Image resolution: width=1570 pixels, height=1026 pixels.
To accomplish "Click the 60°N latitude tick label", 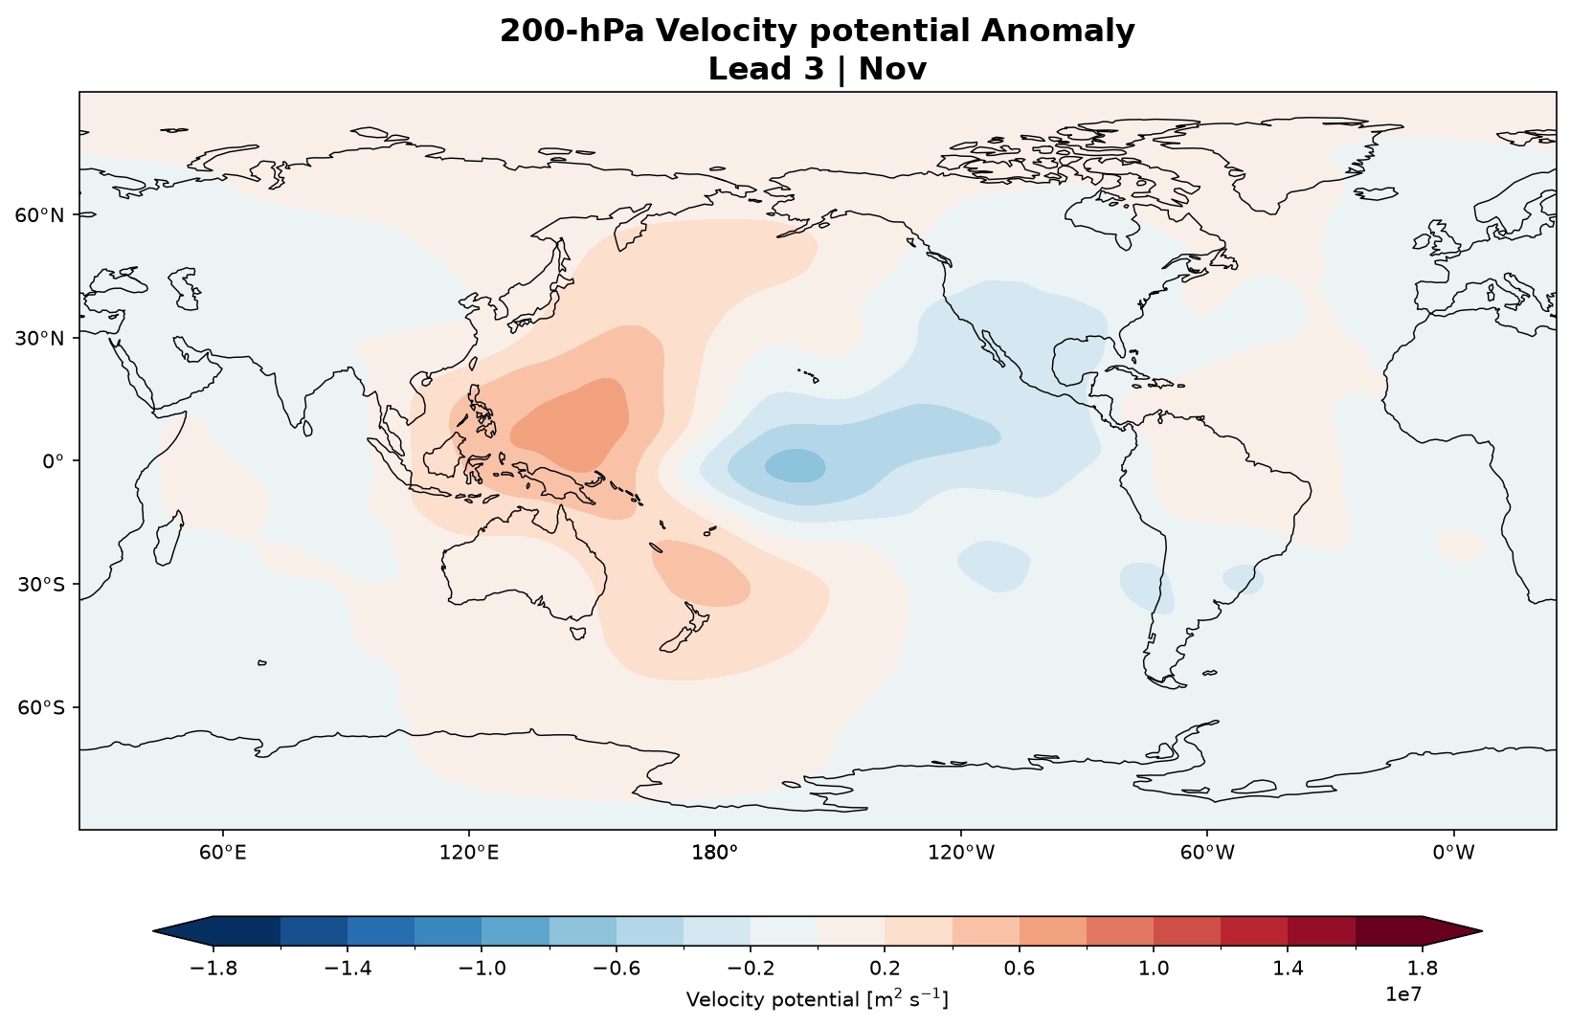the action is pyautogui.click(x=39, y=214).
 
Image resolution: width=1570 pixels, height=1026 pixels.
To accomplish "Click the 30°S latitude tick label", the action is pyautogui.click(x=40, y=585).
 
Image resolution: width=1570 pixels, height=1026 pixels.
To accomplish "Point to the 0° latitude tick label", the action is pyautogui.click(x=53, y=461).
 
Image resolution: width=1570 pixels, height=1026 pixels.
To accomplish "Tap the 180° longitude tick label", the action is pyautogui.click(x=715, y=852).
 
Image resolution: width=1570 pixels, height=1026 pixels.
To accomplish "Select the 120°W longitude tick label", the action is pyautogui.click(x=961, y=852).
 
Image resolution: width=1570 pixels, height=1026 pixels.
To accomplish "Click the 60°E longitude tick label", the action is pyautogui.click(x=223, y=852).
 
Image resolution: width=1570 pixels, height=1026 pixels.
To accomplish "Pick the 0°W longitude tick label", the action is pyautogui.click(x=1453, y=852).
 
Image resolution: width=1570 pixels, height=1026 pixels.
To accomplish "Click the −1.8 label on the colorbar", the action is pyautogui.click(x=213, y=969).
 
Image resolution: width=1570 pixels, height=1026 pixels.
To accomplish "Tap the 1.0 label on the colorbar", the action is pyautogui.click(x=1154, y=969).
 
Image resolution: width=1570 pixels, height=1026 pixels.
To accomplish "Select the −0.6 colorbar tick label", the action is pyautogui.click(x=617, y=969).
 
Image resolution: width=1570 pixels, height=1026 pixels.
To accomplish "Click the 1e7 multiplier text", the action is pyautogui.click(x=1403, y=993).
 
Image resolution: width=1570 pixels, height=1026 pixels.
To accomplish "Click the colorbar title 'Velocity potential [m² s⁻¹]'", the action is pyautogui.click(x=818, y=998).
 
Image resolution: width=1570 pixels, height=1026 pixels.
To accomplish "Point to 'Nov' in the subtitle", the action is pyautogui.click(x=892, y=69).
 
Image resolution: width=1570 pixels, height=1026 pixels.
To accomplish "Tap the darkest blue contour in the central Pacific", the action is pyautogui.click(x=795, y=466).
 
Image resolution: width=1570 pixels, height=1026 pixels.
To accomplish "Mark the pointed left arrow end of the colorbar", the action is pyautogui.click(x=153, y=931).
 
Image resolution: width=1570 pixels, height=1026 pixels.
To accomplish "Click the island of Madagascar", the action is pyautogui.click(x=168, y=538).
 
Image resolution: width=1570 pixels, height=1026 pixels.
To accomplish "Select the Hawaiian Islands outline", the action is pyautogui.click(x=809, y=375).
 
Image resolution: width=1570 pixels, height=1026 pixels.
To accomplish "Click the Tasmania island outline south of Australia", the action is pyautogui.click(x=578, y=633).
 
